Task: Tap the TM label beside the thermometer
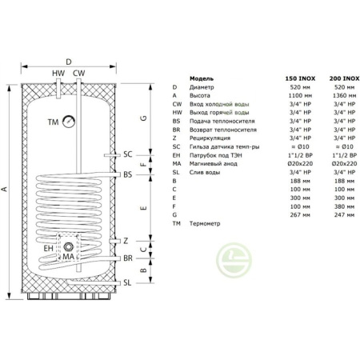[x=54, y=122]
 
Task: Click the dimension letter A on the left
[x=6, y=190]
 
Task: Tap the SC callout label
[x=128, y=154]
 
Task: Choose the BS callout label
[x=128, y=174]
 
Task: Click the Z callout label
[x=126, y=241]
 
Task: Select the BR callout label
[x=128, y=259]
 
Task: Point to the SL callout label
[x=128, y=282]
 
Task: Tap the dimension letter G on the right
[x=143, y=118]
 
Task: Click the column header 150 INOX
[x=298, y=78]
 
